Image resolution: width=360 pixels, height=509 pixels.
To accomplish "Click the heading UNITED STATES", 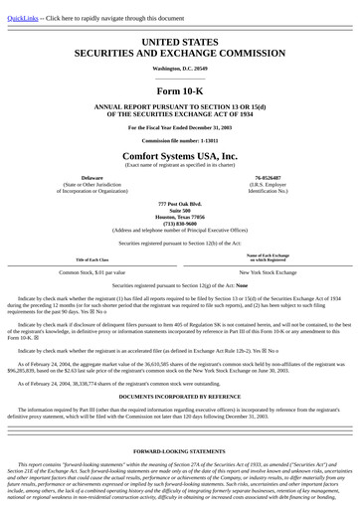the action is tap(180, 41).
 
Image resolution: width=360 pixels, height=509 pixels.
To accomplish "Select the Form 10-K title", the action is tap(180, 90).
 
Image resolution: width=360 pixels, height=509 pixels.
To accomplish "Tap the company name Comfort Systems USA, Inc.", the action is tap(180, 157).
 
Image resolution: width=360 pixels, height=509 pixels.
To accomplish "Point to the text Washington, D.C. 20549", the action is tap(180, 68).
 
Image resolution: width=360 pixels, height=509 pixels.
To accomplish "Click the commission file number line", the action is tap(180, 140).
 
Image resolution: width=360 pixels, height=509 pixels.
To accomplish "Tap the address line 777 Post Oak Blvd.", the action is tap(180, 203).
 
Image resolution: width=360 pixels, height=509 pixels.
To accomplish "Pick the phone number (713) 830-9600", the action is tap(180, 223).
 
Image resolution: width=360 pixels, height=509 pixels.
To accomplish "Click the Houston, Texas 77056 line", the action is tap(180, 216).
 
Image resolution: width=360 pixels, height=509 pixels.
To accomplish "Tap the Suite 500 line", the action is tap(180, 210).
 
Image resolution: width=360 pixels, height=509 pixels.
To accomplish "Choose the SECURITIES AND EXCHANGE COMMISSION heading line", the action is tap(180, 53).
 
